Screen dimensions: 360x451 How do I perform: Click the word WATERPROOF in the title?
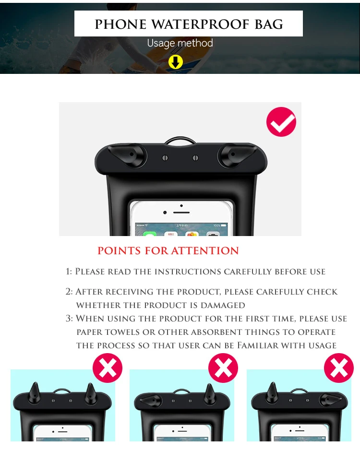(x=200, y=24)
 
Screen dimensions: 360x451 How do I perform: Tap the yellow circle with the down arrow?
(x=176, y=62)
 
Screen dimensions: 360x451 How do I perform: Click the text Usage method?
(x=180, y=43)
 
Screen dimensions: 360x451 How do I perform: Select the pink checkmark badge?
(x=281, y=122)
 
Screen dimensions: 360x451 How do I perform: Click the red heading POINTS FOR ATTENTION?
(x=168, y=250)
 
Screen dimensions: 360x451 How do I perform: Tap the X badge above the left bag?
(x=108, y=368)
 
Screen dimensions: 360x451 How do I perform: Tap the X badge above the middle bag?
(x=223, y=368)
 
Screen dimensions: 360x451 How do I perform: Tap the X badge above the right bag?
(x=339, y=368)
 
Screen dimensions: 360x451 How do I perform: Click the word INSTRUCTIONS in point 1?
(x=188, y=272)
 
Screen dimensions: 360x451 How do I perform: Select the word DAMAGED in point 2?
(x=223, y=305)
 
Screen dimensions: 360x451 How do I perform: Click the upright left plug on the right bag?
(x=272, y=392)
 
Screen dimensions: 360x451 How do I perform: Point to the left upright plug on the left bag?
(x=34, y=392)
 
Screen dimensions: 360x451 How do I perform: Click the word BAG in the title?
(x=269, y=24)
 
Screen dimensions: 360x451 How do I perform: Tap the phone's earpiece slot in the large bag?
(x=181, y=212)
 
